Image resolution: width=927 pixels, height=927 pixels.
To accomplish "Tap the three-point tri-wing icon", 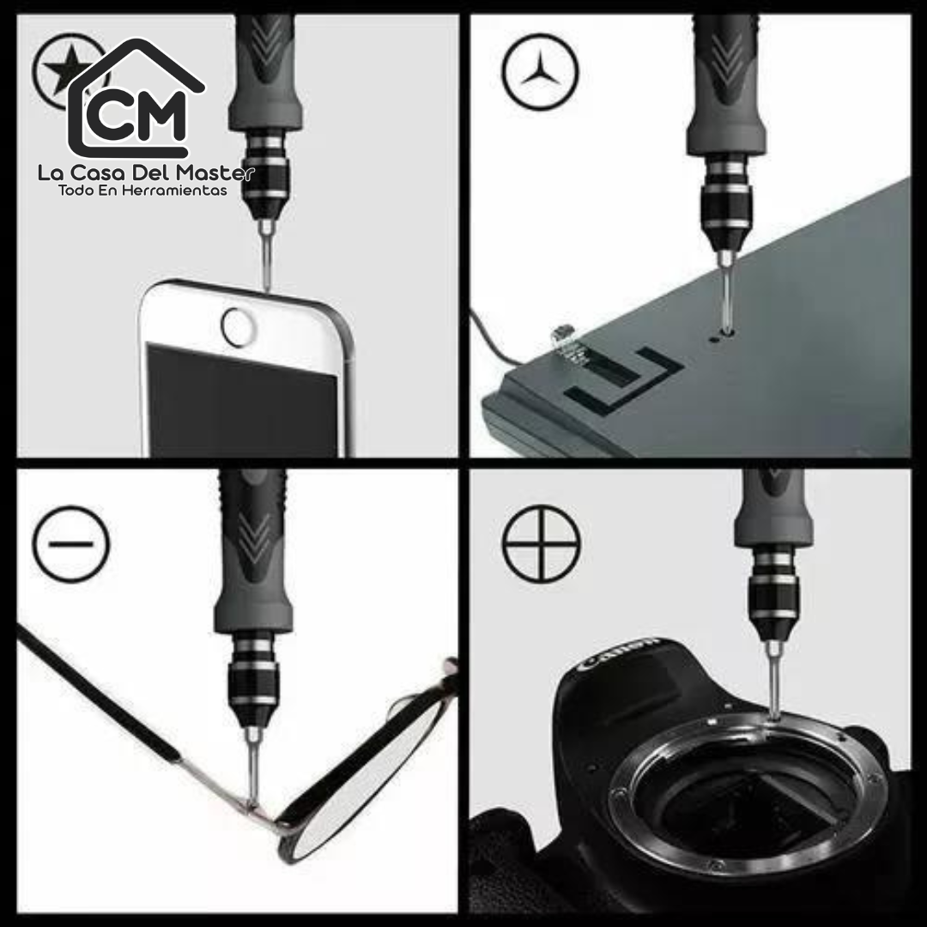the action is [541, 72].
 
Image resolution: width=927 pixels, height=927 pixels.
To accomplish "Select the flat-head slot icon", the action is [71, 543].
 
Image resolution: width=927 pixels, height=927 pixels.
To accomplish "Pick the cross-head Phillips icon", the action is [541, 543].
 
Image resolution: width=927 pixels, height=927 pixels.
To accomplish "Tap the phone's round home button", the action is [239, 327].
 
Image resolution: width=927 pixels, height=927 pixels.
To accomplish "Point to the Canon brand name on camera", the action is [618, 652].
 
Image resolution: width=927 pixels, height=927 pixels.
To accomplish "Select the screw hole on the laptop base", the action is [713, 340].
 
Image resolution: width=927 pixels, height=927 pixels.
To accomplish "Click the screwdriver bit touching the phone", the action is [267, 255].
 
